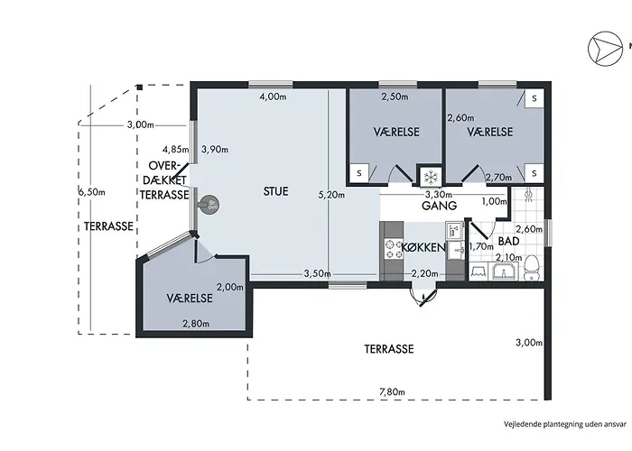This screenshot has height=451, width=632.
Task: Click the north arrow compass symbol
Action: point(605,48)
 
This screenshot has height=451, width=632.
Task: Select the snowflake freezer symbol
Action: point(431,177)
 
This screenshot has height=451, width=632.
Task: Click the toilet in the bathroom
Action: point(533,267)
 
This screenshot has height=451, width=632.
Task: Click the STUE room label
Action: point(275,191)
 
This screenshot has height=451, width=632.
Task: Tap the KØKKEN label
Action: point(423,247)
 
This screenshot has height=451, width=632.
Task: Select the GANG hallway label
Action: point(439,206)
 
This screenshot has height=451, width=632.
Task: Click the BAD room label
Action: point(508,241)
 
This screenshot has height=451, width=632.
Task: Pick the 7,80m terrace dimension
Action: point(392,391)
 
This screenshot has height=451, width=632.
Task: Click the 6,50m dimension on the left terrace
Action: point(92,192)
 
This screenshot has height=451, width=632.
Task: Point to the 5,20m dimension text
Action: point(331,196)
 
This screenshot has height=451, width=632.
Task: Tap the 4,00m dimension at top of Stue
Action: point(273,97)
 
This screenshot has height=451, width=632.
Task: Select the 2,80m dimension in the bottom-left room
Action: point(196,324)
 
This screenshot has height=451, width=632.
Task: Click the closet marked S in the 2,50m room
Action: point(358,173)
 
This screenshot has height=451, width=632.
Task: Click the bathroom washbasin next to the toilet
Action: point(503,271)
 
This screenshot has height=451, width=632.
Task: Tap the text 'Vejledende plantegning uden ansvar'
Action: point(565,424)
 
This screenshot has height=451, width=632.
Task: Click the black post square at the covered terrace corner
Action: point(139,87)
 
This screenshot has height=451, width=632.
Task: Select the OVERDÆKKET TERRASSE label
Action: point(164,180)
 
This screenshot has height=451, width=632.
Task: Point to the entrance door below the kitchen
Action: point(423,297)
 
